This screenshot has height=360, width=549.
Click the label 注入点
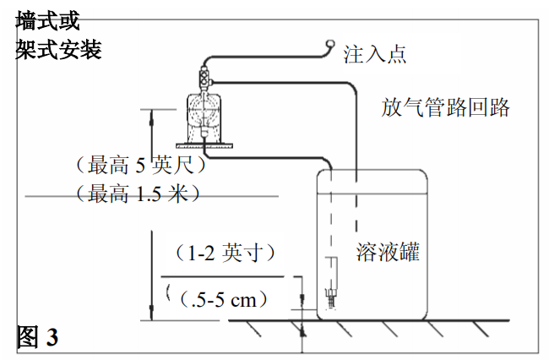[x=374, y=56]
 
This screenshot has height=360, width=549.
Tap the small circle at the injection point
[x=331, y=45]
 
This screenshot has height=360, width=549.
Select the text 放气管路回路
[x=445, y=108]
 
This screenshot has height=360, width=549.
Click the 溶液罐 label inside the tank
[x=388, y=252]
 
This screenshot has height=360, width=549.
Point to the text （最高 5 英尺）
[x=140, y=163]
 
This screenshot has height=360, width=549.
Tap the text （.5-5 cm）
[x=222, y=297]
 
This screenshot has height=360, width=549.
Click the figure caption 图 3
[x=37, y=336]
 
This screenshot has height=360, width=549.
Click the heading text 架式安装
[x=59, y=50]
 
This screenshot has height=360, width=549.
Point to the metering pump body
[x=204, y=113]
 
